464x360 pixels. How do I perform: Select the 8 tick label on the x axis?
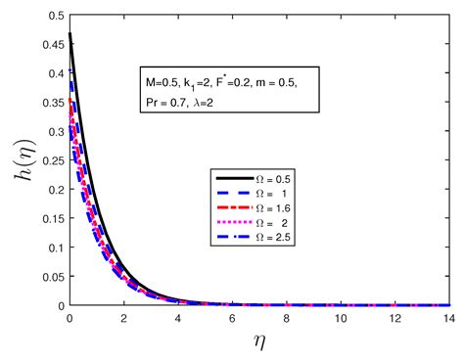click(x=285, y=319)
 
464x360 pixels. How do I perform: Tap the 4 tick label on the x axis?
click(x=177, y=319)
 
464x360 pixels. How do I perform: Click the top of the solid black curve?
click(x=70, y=34)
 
